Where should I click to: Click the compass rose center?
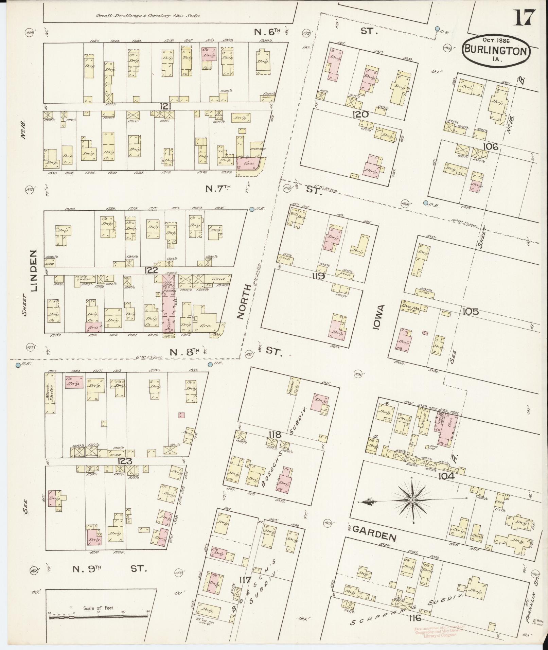click(412, 500)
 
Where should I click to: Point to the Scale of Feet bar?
click(99, 616)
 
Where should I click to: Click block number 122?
click(151, 270)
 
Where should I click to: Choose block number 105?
click(470, 311)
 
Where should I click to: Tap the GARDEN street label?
click(375, 537)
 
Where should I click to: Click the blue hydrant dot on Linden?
click(18, 365)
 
